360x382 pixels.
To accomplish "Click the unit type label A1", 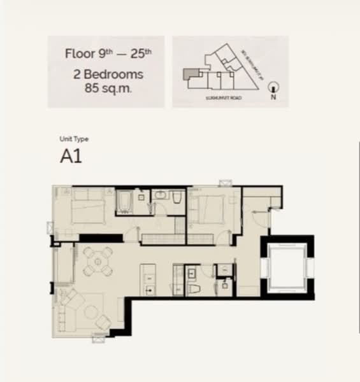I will (71, 157).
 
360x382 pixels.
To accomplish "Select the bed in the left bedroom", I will (88, 208).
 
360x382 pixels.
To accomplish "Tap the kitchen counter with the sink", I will (148, 280).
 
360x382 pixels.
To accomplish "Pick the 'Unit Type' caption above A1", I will (74, 139).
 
